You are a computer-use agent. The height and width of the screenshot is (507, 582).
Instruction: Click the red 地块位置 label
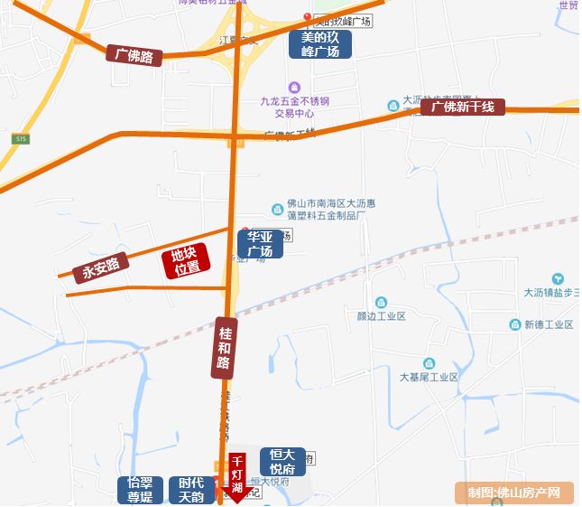pyautogui.click(x=187, y=260)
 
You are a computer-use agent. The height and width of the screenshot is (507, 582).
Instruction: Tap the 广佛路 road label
pyautogui.click(x=134, y=55)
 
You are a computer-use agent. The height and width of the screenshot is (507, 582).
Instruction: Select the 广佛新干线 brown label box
pyautogui.click(x=463, y=108)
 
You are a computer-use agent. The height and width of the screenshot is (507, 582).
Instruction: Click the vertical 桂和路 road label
pyautogui.click(x=225, y=347)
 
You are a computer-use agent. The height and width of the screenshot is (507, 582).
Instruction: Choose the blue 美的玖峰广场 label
pyautogui.click(x=320, y=44)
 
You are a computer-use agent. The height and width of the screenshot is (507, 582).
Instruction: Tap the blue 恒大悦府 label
pyautogui.click(x=283, y=462)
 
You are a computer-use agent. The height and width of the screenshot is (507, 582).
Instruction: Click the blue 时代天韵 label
pyautogui.click(x=191, y=491)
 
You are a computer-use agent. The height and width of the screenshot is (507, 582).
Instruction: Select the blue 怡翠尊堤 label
pyautogui.click(x=141, y=491)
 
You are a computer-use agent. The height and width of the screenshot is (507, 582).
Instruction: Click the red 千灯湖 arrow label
pyautogui.click(x=237, y=476)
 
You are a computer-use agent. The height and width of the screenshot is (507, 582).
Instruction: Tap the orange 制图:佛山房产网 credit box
pyautogui.click(x=521, y=493)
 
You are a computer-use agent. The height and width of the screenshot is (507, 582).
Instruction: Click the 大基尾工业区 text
pyautogui.click(x=430, y=377)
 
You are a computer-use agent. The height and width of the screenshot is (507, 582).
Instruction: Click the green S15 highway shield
pyautogui.click(x=21, y=138)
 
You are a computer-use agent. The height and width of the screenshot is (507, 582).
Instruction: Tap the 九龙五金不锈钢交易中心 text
pyautogui.click(x=294, y=107)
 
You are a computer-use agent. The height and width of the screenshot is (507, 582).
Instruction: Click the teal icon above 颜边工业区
pyautogui.click(x=381, y=302)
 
